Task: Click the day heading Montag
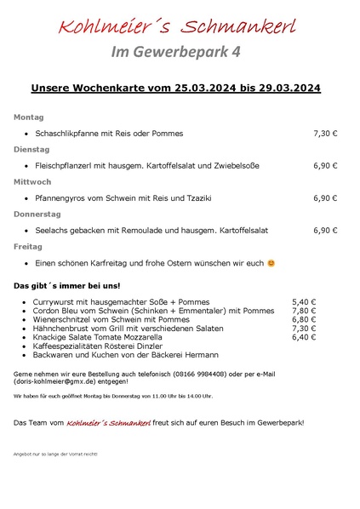pyautogui.click(x=28, y=117)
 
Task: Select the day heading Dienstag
pyautogui.click(x=31, y=149)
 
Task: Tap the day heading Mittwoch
pyautogui.click(x=32, y=181)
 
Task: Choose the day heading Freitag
pyautogui.click(x=27, y=246)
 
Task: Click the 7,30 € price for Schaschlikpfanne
pyautogui.click(x=325, y=134)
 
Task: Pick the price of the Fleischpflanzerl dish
pyautogui.click(x=325, y=166)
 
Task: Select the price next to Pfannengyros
pyautogui.click(x=325, y=198)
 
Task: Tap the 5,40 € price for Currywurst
pyautogui.click(x=304, y=302)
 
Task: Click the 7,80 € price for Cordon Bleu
pyautogui.click(x=304, y=311)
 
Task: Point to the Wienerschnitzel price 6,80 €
pyautogui.click(x=304, y=319)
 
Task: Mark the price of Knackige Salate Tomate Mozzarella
pyautogui.click(x=304, y=337)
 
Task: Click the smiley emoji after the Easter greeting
pyautogui.click(x=271, y=264)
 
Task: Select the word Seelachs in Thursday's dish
pyautogui.click(x=53, y=231)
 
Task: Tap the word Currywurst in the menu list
pyautogui.click(x=55, y=302)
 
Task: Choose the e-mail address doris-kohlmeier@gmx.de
pyautogui.click(x=57, y=383)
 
